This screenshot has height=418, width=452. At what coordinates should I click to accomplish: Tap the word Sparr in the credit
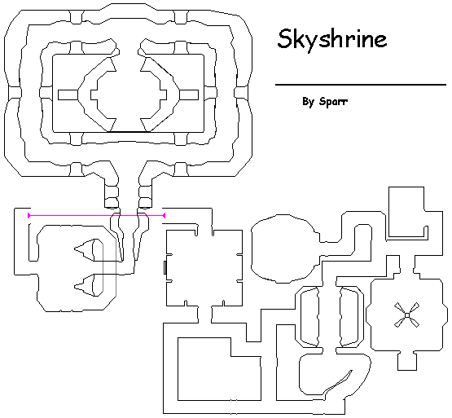pos(333,102)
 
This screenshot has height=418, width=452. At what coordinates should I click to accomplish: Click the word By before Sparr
pos(308,102)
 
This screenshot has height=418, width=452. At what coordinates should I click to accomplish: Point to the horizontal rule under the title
pos(361,85)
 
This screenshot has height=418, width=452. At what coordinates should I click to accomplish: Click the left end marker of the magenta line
pos(29,215)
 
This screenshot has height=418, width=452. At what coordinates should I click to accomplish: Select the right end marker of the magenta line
pos(164,215)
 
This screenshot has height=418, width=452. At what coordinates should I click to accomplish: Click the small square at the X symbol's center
pos(406,315)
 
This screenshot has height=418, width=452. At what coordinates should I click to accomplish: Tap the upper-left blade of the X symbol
pos(400,307)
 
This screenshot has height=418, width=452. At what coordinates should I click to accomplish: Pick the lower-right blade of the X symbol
pos(414,322)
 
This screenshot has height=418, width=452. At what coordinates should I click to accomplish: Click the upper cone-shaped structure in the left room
pos(89,250)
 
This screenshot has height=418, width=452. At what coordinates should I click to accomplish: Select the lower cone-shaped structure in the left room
pos(89,285)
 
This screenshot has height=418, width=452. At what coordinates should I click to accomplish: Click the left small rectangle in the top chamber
pos(68,95)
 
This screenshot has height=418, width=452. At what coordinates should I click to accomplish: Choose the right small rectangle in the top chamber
pos(189,95)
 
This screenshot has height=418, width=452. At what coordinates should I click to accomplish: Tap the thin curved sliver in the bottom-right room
pos(337,383)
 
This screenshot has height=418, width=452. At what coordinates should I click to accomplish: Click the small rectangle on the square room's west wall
pos(165,267)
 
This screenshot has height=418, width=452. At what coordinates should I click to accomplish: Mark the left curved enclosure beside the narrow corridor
pos(309,317)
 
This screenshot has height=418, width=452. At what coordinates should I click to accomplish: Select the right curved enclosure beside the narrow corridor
pos(349,317)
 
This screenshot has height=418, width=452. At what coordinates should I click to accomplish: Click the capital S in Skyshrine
pos(284,38)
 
